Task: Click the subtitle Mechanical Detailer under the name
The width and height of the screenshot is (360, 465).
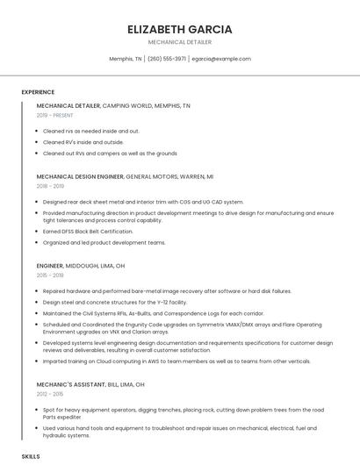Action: point(179,42)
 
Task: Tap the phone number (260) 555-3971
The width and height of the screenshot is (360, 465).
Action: point(167,59)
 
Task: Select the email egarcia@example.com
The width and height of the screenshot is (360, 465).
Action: point(221,59)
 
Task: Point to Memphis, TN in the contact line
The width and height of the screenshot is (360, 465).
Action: point(126,59)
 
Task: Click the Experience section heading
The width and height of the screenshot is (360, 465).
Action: point(38,92)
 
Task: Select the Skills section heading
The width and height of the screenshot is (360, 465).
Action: point(31,456)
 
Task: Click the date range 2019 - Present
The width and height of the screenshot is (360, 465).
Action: point(55,115)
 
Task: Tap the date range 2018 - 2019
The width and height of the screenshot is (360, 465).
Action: point(50,186)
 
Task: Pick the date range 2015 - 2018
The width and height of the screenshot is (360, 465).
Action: point(50,275)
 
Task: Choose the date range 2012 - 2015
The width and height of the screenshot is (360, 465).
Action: point(50,395)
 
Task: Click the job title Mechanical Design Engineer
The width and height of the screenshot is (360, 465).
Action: point(80,176)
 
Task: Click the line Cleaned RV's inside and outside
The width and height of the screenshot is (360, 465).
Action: point(83,141)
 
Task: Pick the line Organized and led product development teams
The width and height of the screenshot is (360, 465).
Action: point(104,242)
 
